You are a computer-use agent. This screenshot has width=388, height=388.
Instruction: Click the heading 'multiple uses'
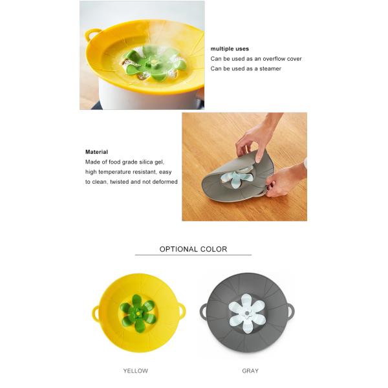230,48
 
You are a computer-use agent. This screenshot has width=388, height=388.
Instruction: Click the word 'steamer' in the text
270,69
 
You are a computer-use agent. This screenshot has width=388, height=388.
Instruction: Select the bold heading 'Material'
96,152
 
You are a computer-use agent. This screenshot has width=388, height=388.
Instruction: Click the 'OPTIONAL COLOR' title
193,249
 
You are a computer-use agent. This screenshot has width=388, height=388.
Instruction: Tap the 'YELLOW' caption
135,371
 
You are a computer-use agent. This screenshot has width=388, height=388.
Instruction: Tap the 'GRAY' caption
250,371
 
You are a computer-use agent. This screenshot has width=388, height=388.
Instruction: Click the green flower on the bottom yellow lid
136,310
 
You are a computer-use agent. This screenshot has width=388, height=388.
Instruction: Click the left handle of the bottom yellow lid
96,313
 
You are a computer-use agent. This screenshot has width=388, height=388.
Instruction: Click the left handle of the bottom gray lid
204,312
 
